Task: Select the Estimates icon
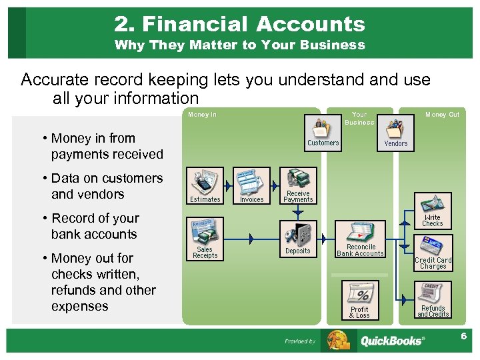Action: click(x=205, y=182)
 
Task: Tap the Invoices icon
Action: click(x=251, y=182)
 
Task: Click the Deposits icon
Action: click(x=298, y=235)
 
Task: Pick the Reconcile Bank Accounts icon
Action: click(x=360, y=233)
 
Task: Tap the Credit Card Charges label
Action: click(x=433, y=263)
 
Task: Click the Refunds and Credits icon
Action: click(x=433, y=294)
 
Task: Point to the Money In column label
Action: click(x=202, y=115)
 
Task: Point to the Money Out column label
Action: click(x=442, y=115)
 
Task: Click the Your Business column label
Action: click(x=359, y=118)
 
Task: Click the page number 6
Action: click(x=463, y=336)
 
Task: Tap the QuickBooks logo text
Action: click(x=391, y=341)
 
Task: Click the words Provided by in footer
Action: click(x=300, y=341)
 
